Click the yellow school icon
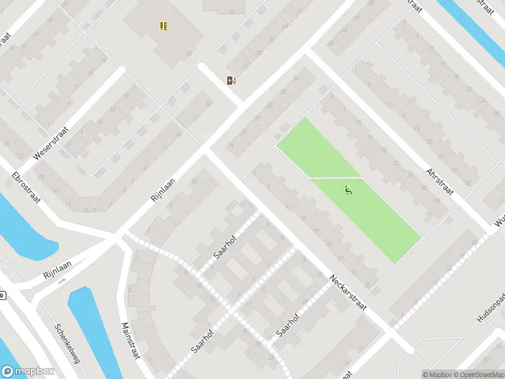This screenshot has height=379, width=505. coord(163,26)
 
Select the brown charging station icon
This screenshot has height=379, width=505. coord(232,80)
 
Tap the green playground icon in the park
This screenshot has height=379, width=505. coord(348,189)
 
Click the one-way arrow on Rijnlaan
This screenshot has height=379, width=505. coord(61,280)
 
